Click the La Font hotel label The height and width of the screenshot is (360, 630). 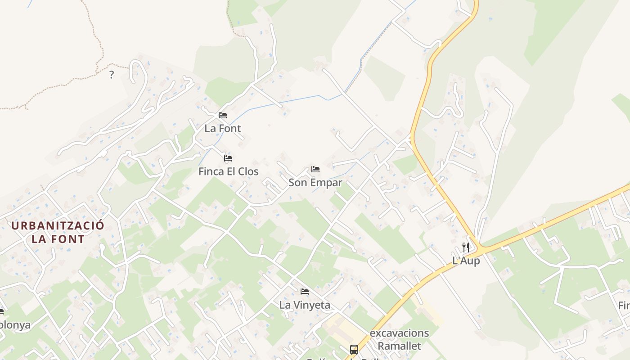[x=223, y=128]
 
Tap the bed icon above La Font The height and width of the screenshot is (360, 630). [x=223, y=115]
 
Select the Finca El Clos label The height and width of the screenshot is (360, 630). [x=229, y=171]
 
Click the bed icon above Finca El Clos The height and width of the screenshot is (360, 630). [x=228, y=158]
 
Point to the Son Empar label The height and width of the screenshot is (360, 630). [x=315, y=183]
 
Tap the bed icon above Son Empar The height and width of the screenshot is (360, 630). [x=315, y=170]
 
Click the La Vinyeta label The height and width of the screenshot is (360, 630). [x=305, y=305]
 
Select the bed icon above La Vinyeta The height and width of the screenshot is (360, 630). [x=305, y=292]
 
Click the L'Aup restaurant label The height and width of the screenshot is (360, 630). [x=466, y=261]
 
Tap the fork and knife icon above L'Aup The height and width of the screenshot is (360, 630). [x=466, y=247]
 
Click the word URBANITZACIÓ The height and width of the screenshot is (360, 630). [x=58, y=226]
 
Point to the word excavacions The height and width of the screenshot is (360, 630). [x=400, y=333]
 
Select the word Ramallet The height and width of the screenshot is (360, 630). [x=400, y=346]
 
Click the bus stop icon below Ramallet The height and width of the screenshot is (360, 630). [x=354, y=349]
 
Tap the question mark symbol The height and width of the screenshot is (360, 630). [x=112, y=75]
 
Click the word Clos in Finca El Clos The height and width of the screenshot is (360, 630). [x=248, y=171]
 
